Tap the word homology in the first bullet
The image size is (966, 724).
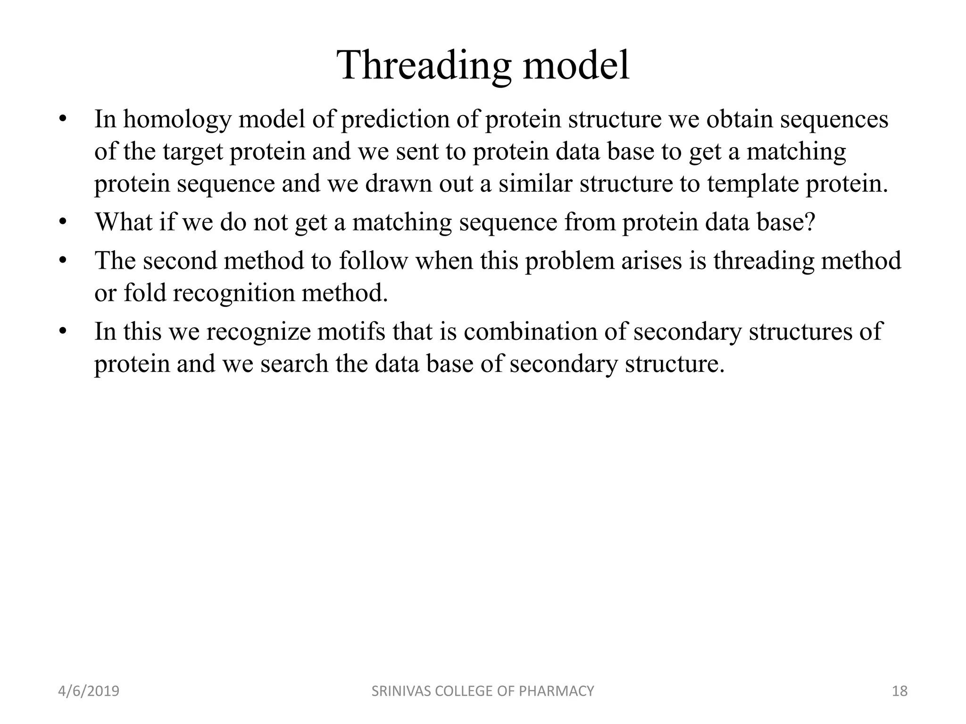[177, 120]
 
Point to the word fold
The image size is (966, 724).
[144, 293]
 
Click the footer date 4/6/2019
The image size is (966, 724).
[89, 691]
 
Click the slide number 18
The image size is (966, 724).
[899, 691]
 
